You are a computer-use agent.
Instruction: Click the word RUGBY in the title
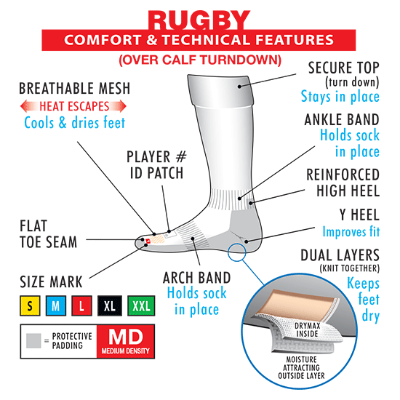199,20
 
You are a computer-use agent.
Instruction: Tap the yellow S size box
30,305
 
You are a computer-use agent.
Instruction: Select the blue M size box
56,305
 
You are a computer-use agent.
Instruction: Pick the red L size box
81,305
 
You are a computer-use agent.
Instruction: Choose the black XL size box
110,305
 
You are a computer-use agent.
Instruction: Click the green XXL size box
141,305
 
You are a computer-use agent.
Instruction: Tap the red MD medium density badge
126,341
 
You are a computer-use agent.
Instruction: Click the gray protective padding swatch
33,340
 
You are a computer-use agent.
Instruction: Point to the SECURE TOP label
343,68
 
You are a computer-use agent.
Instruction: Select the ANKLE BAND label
342,120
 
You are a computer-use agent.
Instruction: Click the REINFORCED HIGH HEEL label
343,183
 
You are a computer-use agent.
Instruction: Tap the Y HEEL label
359,215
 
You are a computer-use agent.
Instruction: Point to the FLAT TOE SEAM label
48,234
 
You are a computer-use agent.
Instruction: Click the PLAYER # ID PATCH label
156,165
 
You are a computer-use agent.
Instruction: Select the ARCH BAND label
196,278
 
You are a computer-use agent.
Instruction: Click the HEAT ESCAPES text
74,106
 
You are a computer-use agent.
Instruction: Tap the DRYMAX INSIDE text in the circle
307,329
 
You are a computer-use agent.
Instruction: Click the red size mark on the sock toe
148,241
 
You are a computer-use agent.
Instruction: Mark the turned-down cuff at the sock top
220,91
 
